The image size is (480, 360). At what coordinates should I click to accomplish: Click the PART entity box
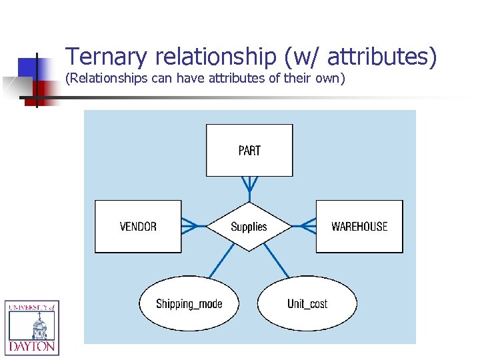(249, 150)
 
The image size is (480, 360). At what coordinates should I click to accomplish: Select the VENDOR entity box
(138, 227)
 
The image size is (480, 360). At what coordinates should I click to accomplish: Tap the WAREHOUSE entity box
(359, 227)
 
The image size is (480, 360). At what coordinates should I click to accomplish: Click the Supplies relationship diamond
(249, 227)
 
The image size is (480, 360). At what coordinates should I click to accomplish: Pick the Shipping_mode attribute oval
(189, 304)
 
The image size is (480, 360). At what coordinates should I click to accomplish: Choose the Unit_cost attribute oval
(307, 304)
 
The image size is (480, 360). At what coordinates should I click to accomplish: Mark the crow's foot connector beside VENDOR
(192, 227)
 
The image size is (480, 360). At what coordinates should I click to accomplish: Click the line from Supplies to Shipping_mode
(223, 260)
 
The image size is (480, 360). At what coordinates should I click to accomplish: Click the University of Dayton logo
(32, 327)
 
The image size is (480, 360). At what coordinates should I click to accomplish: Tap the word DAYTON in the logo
(32, 347)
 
